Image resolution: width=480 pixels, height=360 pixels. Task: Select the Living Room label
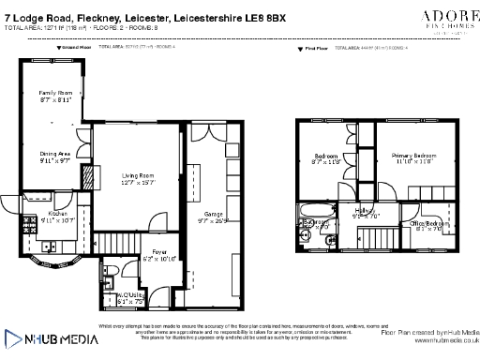(x=139, y=174)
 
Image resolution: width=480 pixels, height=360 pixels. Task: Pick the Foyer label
(x=159, y=252)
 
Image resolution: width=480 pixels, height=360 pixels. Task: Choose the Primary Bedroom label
(x=412, y=155)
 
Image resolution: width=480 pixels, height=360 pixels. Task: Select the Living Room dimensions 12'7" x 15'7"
(x=139, y=182)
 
